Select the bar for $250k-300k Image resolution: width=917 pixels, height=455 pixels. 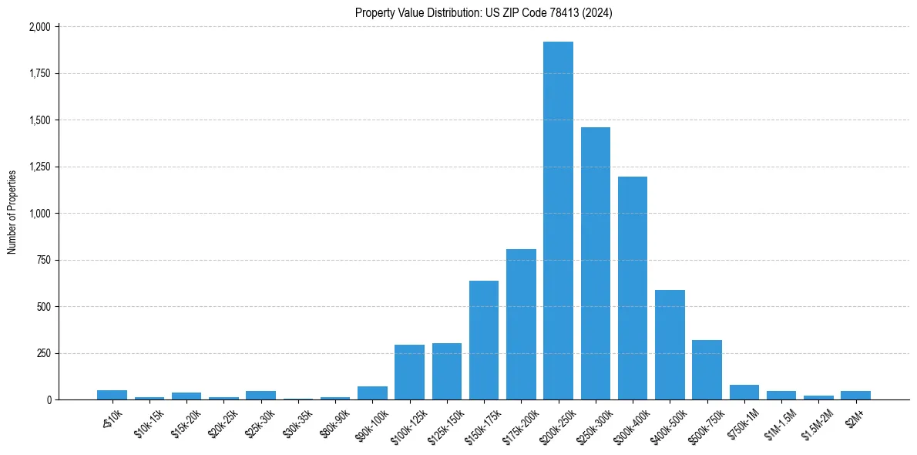click(595, 263)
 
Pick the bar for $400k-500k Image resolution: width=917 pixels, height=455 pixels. click(670, 345)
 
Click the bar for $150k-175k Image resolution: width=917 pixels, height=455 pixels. click(484, 340)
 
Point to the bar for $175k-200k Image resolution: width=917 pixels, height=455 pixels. click(521, 324)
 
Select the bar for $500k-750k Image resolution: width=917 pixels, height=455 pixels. click(707, 369)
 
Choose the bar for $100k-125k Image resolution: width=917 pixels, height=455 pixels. click(409, 372)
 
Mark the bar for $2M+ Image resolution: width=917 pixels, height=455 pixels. click(855, 395)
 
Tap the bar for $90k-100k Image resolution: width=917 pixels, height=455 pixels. click(372, 393)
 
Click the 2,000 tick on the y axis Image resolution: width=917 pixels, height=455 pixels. click(40, 27)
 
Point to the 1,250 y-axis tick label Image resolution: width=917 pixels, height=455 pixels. click(40, 167)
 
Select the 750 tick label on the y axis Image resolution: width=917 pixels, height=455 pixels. click(44, 260)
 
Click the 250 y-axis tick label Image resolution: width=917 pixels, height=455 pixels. click(44, 353)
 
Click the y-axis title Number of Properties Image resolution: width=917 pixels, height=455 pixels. click(12, 213)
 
